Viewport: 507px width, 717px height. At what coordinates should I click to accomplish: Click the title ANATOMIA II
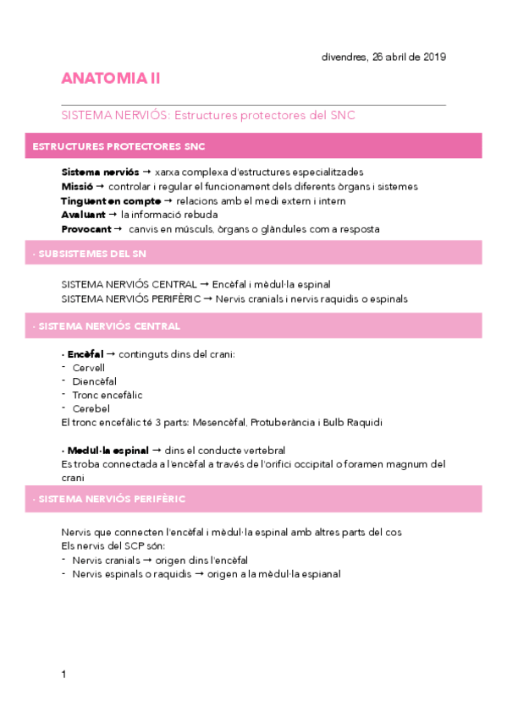[x=111, y=79]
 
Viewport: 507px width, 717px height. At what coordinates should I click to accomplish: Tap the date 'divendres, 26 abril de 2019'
[x=383, y=57]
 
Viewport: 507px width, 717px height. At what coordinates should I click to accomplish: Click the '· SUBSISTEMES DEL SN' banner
[x=254, y=253]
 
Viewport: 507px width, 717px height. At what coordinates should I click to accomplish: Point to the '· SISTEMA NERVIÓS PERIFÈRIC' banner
[x=254, y=499]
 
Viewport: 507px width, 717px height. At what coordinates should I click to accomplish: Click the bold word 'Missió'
[x=77, y=186]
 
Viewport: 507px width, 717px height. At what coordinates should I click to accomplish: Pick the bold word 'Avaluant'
[x=83, y=215]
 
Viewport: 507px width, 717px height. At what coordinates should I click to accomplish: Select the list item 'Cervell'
[x=88, y=368]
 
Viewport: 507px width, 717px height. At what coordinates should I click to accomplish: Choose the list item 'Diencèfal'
[x=94, y=381]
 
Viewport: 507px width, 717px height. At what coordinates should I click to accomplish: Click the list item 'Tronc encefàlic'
[x=107, y=395]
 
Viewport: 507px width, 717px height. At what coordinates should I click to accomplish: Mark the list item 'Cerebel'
[x=91, y=408]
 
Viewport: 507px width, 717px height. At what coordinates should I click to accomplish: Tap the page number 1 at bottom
[x=63, y=674]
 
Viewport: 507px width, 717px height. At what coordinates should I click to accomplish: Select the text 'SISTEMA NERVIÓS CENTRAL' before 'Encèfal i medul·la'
[x=129, y=285]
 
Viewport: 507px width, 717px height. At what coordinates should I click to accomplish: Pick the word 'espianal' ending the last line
[x=316, y=573]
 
